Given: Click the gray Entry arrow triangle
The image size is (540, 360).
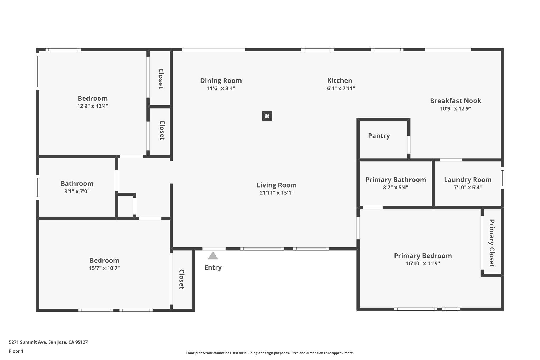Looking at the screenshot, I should [213, 256].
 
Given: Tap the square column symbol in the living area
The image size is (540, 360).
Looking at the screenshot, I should [267, 116].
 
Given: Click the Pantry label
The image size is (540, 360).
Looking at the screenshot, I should [379, 136].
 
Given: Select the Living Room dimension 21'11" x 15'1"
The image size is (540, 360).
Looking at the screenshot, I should [277, 193].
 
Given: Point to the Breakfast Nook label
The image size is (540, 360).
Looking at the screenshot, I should [455, 101].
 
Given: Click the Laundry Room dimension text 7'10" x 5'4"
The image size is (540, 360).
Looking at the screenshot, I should [468, 188].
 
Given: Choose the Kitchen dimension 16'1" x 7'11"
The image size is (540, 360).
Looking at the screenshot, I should [340, 88].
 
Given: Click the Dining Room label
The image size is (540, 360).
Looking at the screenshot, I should [221, 80].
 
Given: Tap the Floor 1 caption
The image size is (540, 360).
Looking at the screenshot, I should [16, 351].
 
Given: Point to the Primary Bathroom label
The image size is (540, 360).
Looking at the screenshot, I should [396, 180].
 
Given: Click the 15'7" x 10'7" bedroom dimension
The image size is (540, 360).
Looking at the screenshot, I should [104, 268].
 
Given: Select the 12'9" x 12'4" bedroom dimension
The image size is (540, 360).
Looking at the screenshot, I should [93, 106].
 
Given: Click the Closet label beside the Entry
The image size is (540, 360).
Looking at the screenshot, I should [181, 279].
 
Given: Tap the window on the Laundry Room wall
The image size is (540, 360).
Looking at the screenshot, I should [502, 178].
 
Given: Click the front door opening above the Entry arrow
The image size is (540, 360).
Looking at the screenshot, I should [214, 249].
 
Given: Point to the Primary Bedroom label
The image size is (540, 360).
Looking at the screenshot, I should [423, 256].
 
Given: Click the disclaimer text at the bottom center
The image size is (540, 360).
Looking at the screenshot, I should [270, 353].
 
